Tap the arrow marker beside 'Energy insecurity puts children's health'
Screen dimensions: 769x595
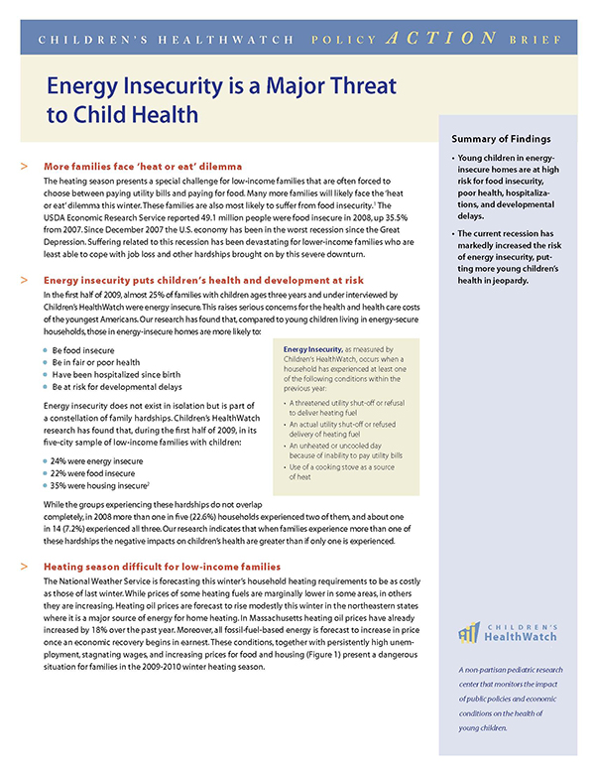[x=23, y=282]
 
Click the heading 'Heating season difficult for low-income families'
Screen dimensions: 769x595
[x=163, y=566]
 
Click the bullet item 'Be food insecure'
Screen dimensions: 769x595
[x=83, y=352]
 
